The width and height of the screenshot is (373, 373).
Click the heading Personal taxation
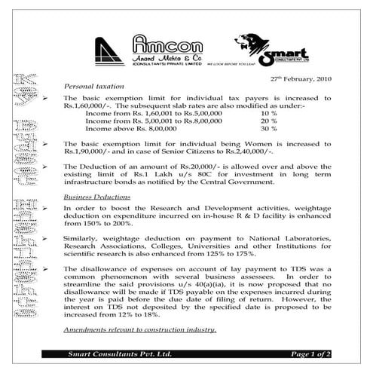(93, 87)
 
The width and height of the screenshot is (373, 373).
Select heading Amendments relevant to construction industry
(140, 330)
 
